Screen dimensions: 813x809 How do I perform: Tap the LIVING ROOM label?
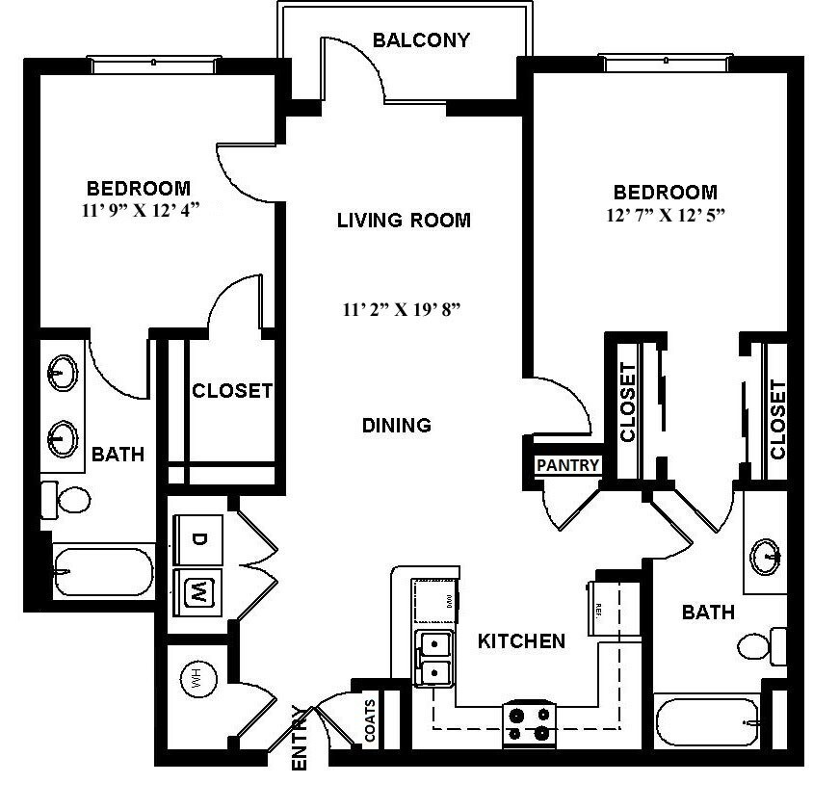pos(404,221)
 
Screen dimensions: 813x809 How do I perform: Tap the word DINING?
pos(396,425)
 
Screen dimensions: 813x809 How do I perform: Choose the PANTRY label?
pos(568,465)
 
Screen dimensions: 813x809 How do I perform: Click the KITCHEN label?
pos(521,640)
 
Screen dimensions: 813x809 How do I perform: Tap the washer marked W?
pos(197,589)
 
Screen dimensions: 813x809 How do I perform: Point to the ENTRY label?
pos(300,740)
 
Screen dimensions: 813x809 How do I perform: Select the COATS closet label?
pos(371,720)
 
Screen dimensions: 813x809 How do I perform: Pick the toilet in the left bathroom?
pos(67,500)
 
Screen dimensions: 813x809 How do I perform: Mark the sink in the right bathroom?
pos(768,556)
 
